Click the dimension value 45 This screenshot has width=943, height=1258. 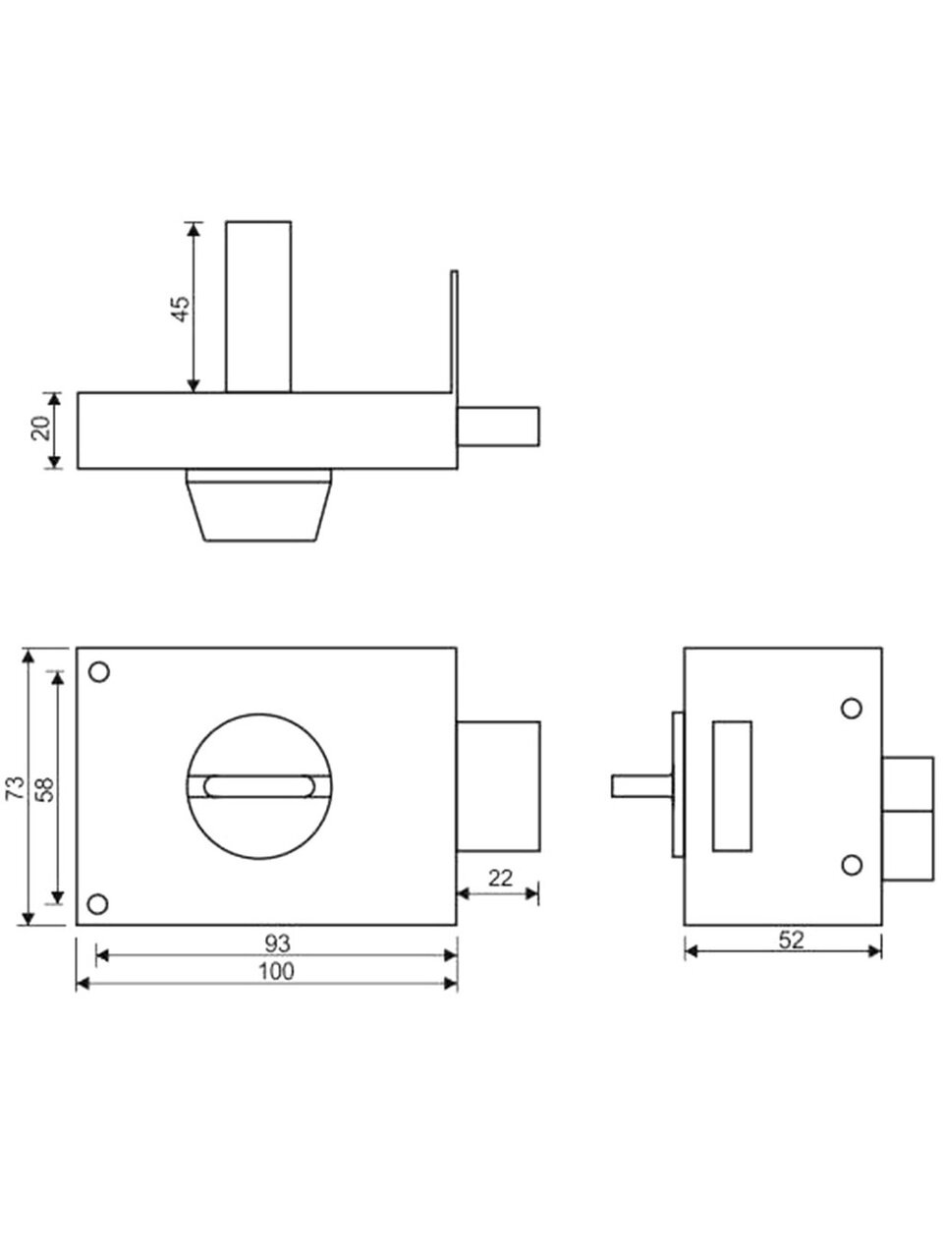click(181, 309)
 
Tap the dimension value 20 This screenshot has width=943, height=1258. click(41, 428)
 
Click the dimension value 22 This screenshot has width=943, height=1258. click(500, 878)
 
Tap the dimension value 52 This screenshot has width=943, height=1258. click(792, 940)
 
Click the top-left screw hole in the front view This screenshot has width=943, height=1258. click(99, 671)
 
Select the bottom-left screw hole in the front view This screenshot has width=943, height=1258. click(98, 904)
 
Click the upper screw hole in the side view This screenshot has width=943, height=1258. click(852, 709)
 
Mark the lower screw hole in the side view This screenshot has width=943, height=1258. click(852, 865)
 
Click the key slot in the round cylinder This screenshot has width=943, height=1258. click(258, 786)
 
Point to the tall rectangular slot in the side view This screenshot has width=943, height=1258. click(732, 786)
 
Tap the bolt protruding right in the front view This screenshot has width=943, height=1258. click(498, 786)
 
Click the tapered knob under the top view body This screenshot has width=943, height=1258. click(258, 504)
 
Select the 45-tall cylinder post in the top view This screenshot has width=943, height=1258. click(258, 307)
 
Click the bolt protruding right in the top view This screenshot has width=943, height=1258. click(498, 427)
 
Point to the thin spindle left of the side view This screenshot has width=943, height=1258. click(641, 785)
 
